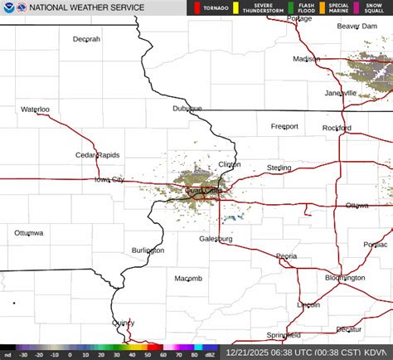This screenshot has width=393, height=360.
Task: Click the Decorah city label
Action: (86, 39)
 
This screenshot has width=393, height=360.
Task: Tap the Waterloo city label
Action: (36, 109)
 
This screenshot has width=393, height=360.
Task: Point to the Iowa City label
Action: (109, 179)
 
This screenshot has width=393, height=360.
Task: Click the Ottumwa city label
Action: (29, 233)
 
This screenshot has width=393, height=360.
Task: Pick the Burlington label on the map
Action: (148, 250)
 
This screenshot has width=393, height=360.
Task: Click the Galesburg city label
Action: (216, 239)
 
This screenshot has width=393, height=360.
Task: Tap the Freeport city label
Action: (284, 126)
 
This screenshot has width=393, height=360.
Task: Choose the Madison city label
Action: (307, 59)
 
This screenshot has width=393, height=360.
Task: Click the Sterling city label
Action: (279, 168)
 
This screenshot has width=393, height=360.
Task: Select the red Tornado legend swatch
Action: (196, 8)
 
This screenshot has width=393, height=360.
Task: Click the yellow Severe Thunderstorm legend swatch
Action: (235, 8)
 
